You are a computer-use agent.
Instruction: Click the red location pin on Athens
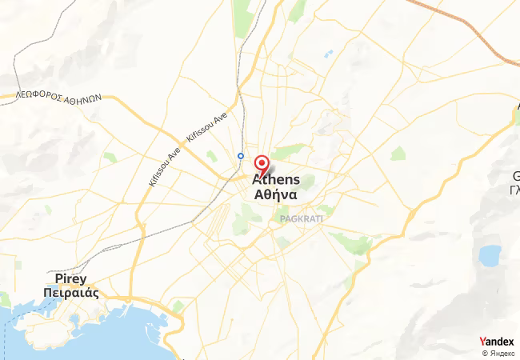pos(261,162)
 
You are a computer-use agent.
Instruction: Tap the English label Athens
pos(276,179)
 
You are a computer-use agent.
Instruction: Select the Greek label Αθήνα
pos(276,194)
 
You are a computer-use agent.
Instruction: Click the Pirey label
pos(70,278)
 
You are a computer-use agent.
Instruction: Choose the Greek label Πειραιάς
pos(71,292)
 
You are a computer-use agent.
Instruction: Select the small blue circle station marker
pos(241,156)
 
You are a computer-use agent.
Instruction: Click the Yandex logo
pos(496,342)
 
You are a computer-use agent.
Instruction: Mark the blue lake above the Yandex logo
pos(489,256)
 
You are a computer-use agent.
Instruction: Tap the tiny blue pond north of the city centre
pos(328,54)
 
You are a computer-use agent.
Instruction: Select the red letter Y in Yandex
pos(482,342)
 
